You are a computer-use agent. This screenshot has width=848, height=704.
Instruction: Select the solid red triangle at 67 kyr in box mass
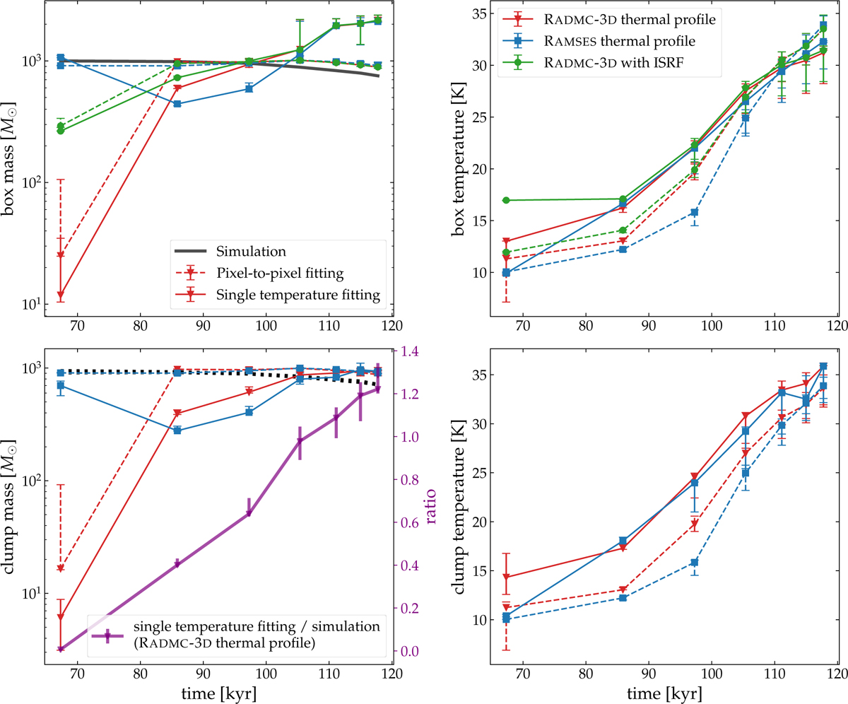(x=61, y=294)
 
